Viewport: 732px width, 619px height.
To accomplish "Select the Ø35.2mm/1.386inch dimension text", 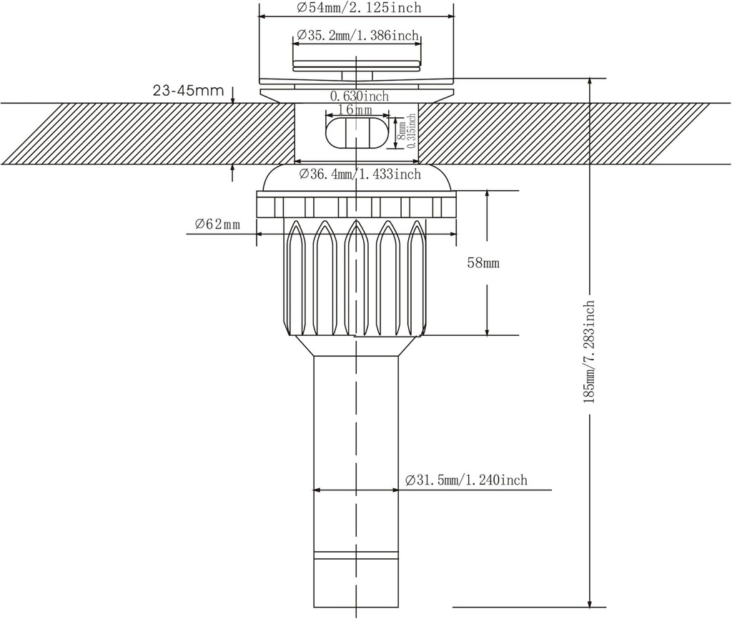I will tap(357, 35).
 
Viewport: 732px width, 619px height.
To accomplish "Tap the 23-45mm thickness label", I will tap(188, 91).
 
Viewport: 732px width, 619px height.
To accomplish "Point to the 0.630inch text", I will tap(359, 96).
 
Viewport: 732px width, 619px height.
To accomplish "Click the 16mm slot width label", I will tap(355, 110).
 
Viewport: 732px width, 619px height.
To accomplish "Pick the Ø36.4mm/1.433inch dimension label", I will tap(357, 174).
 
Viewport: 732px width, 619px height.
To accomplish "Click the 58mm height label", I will tap(483, 263).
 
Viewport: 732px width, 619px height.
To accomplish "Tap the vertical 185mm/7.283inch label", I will tap(590, 353).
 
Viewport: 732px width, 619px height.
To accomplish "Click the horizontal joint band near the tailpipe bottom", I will tap(355, 555).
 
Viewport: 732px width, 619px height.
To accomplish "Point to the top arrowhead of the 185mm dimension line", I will tap(590, 83).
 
